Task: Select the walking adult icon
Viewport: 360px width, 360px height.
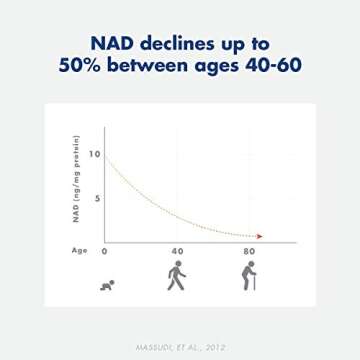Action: pos(177,277)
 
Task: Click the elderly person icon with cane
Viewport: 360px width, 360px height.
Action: pos(249,277)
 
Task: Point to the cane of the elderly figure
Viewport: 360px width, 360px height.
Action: pos(256,283)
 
